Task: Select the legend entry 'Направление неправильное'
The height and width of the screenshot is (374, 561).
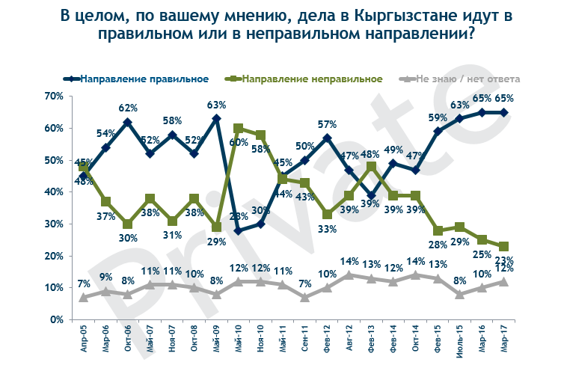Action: pos(313,79)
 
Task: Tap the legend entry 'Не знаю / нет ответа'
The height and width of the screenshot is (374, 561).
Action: pos(467,79)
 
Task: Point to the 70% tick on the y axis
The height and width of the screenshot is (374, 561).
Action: pos(54,96)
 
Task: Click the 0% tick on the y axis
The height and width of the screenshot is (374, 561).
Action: pos(57,320)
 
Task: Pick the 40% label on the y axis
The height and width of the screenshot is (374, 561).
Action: pos(54,192)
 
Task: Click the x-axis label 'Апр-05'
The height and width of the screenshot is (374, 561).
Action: pos(84,338)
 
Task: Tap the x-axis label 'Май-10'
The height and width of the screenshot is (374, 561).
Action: pos(238,338)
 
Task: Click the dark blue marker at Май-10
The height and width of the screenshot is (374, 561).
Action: pos(239,230)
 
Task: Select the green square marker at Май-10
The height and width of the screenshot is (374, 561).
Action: pos(239,129)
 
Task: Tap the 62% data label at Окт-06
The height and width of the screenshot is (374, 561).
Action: pos(128,108)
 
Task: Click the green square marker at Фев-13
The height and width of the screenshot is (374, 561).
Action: pos(371,166)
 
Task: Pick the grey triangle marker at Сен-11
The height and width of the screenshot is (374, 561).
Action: pos(304,297)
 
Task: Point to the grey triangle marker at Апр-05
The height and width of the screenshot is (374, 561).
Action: pos(84,297)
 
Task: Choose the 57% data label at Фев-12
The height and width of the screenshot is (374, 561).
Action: pos(326,124)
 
